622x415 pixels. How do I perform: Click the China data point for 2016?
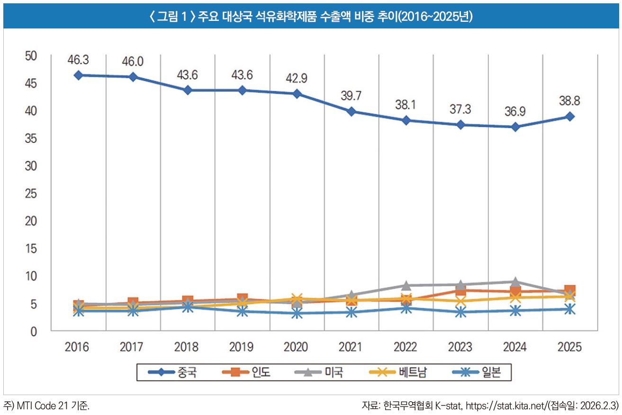click(78, 75)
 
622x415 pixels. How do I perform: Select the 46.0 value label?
click(133, 62)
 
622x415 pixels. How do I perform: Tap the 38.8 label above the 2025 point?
click(570, 101)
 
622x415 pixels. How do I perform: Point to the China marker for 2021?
click(352, 111)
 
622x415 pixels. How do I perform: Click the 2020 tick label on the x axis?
click(297, 347)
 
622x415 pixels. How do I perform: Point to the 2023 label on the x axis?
click(460, 347)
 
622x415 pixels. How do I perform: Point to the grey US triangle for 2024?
click(515, 282)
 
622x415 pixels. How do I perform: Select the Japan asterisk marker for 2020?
click(297, 313)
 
